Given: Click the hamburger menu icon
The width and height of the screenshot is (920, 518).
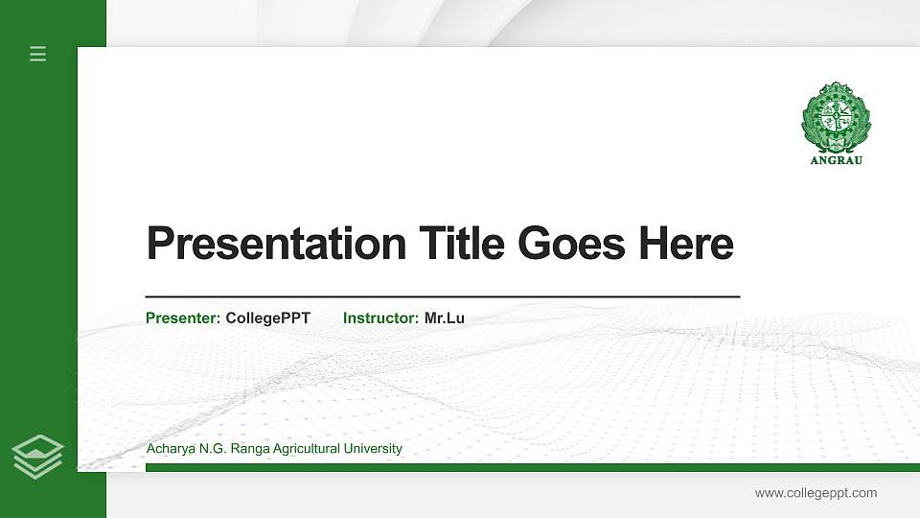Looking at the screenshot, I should point(38,54).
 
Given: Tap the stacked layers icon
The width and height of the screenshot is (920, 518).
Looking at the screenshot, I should point(38,457).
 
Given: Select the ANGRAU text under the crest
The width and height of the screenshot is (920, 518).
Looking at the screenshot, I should point(837,160).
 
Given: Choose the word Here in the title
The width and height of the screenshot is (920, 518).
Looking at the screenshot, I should point(686,244).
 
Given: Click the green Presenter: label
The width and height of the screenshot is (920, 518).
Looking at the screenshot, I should point(183,318).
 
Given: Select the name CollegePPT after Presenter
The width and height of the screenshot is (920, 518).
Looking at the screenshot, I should point(267,318).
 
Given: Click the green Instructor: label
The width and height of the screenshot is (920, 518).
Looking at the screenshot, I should point(380,318).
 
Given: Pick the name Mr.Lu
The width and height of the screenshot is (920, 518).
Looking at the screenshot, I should point(445,318).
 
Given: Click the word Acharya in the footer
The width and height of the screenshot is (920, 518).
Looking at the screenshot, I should point(169,449).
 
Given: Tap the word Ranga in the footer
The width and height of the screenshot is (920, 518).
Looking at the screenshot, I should point(245,449).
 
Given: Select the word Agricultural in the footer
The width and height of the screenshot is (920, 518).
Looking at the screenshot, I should point(305,449).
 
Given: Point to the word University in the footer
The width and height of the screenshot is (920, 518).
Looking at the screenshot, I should point(373,449).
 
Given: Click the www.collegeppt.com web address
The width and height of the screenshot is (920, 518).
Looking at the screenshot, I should point(816,493).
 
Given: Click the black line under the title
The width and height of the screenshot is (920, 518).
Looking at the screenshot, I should point(442,296).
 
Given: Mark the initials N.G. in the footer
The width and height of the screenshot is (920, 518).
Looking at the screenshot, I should point(209,449).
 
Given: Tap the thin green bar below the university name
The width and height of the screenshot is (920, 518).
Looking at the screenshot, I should point(527,467).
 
